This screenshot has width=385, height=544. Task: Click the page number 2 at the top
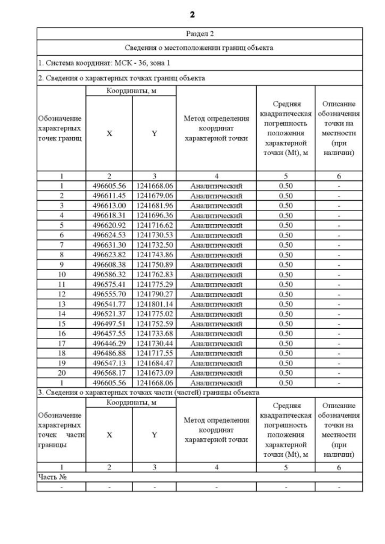click(192, 14)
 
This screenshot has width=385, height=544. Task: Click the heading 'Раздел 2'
click(199, 34)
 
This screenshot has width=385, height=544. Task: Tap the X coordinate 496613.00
click(109, 206)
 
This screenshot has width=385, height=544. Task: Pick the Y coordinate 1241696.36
click(154, 215)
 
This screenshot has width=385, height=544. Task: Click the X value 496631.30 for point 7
click(109, 245)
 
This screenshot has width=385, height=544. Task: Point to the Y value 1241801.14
click(154, 304)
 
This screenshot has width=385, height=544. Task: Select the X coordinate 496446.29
click(109, 343)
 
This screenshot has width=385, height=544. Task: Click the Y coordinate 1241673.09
click(154, 373)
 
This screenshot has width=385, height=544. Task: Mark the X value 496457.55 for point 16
click(109, 333)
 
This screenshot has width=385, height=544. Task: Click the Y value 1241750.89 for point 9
click(154, 264)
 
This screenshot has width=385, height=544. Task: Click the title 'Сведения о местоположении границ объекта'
click(199, 47)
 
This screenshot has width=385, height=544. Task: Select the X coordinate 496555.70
click(109, 294)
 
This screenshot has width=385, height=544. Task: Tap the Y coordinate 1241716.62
click(154, 225)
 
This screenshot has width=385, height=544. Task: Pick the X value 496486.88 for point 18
click(109, 353)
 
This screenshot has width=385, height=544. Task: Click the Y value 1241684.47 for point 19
click(154, 362)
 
